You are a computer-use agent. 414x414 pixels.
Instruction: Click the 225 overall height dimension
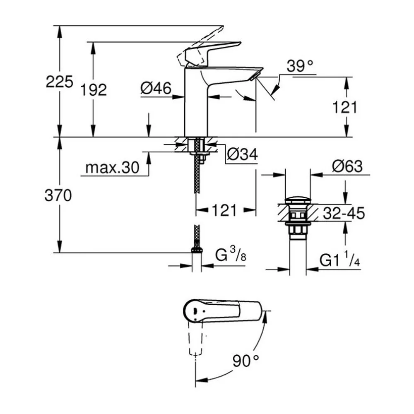pos(59,82)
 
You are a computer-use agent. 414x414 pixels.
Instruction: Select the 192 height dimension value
pos(94,90)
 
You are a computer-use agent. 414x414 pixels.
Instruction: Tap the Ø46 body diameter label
pos(156,88)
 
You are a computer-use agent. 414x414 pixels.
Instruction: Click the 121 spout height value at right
pos(344,107)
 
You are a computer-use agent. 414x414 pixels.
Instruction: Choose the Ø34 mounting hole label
pos(242,154)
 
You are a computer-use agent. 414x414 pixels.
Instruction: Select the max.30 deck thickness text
pos(112,167)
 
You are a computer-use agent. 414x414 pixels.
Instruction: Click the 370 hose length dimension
pos(58,196)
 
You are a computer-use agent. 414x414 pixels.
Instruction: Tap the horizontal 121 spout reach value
pos(224,210)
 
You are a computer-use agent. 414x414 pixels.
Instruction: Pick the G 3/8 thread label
pos(231,255)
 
